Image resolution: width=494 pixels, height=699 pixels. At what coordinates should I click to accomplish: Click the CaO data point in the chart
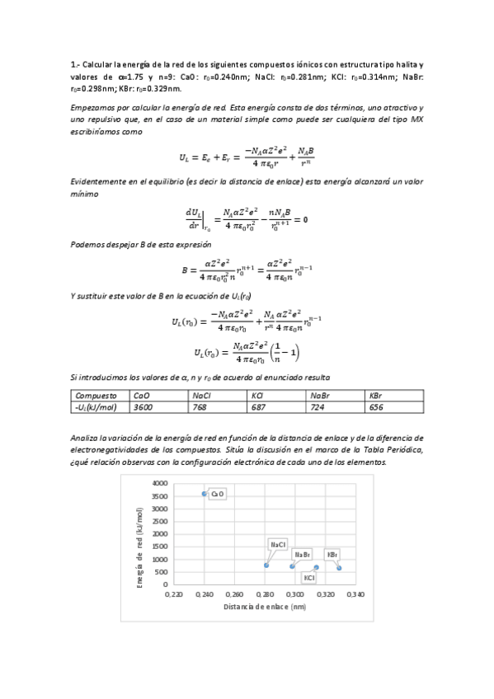pyautogui.click(x=204, y=493)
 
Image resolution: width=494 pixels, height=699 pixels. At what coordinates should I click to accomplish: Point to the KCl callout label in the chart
pyautogui.click(x=309, y=578)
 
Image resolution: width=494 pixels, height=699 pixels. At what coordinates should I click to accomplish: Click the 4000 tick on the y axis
pyautogui.click(x=159, y=483)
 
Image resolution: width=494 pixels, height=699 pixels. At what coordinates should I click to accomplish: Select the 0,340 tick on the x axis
pyautogui.click(x=356, y=593)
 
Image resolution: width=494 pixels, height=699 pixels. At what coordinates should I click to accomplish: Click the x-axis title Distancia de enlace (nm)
pyautogui.click(x=264, y=607)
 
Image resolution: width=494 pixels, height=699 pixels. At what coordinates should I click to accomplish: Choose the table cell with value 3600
pyautogui.click(x=143, y=407)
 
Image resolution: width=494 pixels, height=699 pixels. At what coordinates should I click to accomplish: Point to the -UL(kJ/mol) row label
pyautogui.click(x=95, y=407)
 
